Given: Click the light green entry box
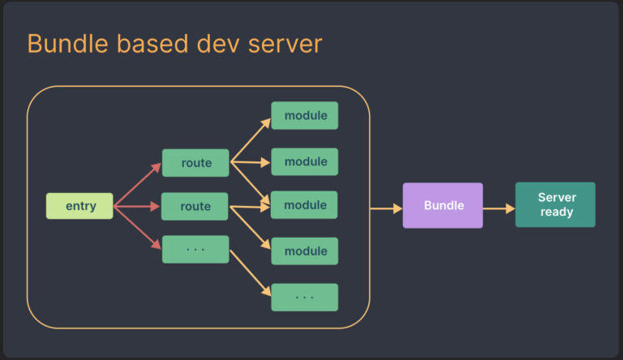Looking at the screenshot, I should (x=79, y=206).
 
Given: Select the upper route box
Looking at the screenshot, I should (x=195, y=163).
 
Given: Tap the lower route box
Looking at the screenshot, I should (x=195, y=207).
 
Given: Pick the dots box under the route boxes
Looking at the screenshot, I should (x=195, y=249).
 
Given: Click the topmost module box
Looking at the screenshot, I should (x=304, y=115).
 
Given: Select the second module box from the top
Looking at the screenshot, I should (x=304, y=161).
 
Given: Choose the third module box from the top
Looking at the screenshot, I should (x=304, y=205).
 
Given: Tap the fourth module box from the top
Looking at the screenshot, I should (x=304, y=251).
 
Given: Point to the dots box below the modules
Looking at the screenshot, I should (x=304, y=298).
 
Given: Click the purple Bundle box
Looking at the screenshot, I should (x=443, y=205).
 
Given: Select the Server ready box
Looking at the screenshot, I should (x=555, y=205).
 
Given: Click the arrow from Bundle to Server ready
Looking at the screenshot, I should (x=499, y=208).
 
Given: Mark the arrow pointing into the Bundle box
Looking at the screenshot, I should (x=386, y=208).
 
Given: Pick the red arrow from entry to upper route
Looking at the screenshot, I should (x=138, y=185).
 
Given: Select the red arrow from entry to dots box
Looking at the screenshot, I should (x=138, y=228).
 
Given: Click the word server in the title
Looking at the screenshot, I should (x=281, y=44).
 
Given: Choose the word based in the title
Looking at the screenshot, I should (x=150, y=44).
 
